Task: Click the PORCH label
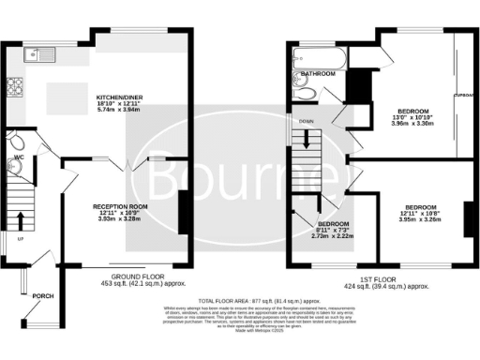click(42, 296)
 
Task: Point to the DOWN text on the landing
click(307, 122)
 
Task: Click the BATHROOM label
click(318, 73)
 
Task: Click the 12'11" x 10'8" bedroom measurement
click(421, 214)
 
